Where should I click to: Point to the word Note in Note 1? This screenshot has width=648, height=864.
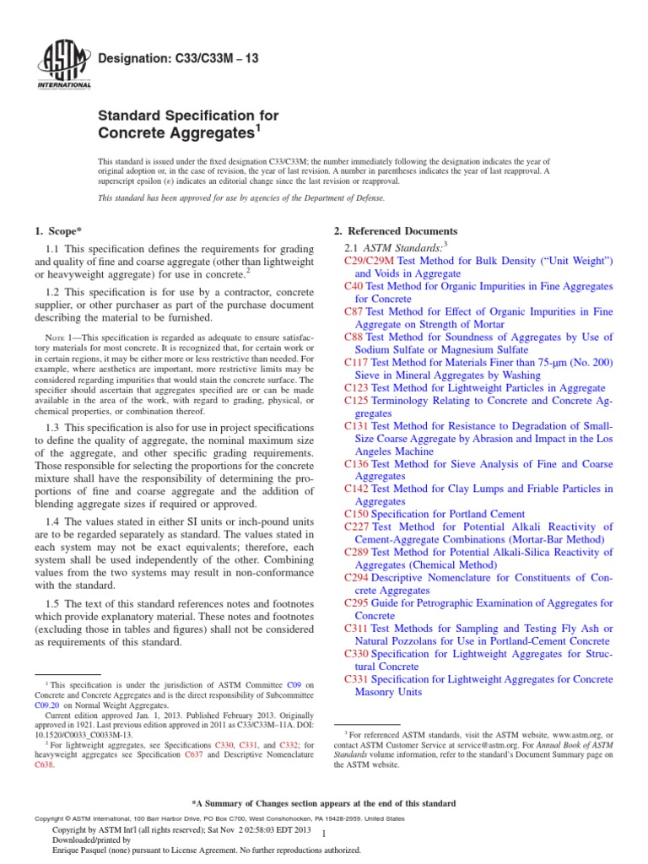pyautogui.click(x=53, y=337)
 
